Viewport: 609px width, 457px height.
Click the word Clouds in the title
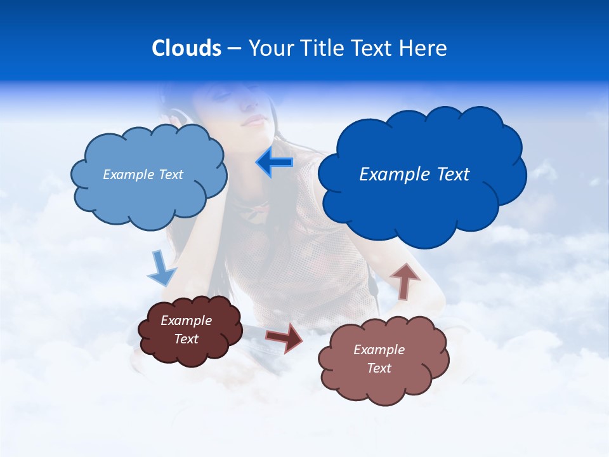pyautogui.click(x=186, y=48)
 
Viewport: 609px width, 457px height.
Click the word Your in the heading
pyautogui.click(x=269, y=48)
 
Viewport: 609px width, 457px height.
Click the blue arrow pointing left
pyautogui.click(x=275, y=162)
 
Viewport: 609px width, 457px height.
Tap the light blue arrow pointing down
pyautogui.click(x=162, y=269)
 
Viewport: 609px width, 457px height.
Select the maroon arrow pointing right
pyautogui.click(x=285, y=337)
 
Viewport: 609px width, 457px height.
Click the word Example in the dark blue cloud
pyautogui.click(x=391, y=174)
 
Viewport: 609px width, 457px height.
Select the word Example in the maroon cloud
pyautogui.click(x=187, y=321)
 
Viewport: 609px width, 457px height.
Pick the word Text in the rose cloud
pyautogui.click(x=379, y=368)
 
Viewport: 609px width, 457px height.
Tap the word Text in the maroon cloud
pyautogui.click(x=187, y=339)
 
